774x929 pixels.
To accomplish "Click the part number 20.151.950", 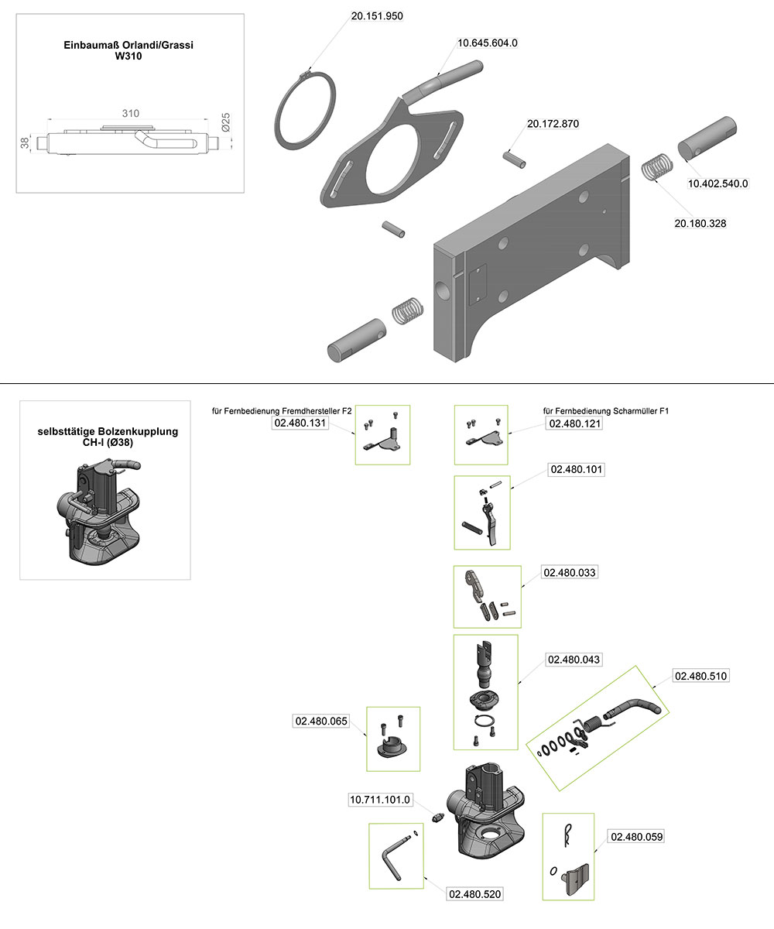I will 377,15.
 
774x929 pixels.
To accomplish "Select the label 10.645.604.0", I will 488,43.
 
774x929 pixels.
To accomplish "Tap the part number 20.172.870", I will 553,124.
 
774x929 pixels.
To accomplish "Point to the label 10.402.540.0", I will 718,183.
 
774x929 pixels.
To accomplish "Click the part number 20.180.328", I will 700,223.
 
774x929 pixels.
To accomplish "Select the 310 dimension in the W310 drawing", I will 130,114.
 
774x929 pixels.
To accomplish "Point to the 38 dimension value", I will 25,142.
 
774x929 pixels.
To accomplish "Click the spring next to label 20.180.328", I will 656,167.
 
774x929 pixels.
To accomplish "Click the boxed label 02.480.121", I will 574,424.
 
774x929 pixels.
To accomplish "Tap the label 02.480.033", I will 570,573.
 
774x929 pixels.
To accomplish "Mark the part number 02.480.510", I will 701,676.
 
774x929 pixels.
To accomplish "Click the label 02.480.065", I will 320,721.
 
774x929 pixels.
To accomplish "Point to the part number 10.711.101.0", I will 382,799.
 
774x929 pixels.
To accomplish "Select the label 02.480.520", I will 475,894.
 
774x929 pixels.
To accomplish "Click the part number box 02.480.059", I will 637,837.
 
